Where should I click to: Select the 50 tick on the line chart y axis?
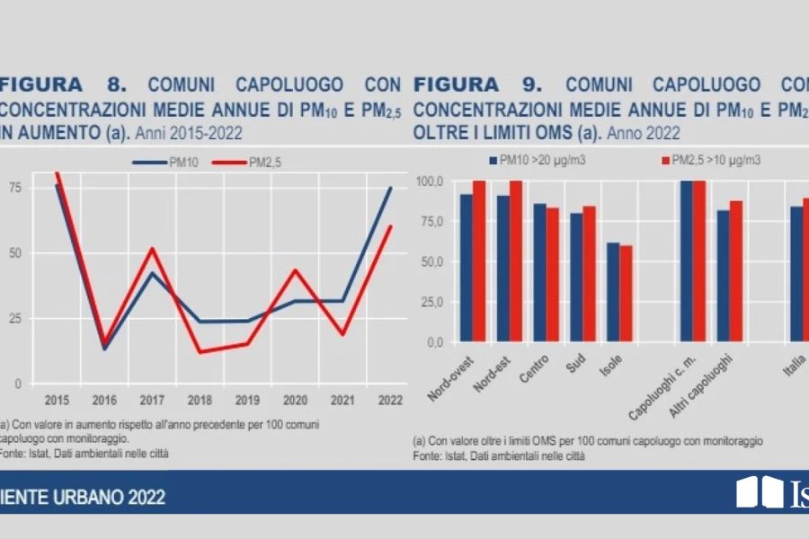15,253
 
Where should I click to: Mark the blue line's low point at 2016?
105,349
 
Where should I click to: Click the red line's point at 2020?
293,269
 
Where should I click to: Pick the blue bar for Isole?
613,293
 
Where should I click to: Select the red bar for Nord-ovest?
479,261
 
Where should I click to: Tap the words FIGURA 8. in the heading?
63,86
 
